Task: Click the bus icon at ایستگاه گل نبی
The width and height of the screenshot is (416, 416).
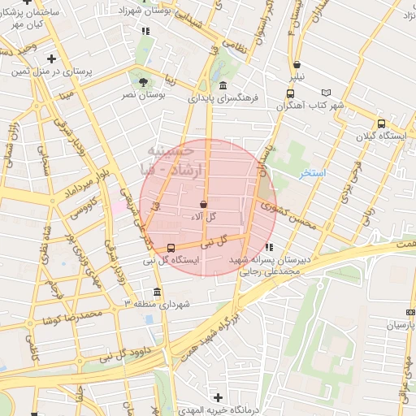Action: [170, 247]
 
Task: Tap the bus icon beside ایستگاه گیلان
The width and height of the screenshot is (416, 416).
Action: [381, 123]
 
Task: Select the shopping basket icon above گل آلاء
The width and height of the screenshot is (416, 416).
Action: [202, 204]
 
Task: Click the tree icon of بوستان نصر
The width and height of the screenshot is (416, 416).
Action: [144, 81]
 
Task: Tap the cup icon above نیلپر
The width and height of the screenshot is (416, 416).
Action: [297, 64]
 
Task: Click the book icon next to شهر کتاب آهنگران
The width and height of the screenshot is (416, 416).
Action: [327, 93]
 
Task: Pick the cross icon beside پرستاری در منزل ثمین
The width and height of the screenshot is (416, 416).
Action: [52, 58]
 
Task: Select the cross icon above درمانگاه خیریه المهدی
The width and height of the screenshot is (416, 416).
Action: [217, 396]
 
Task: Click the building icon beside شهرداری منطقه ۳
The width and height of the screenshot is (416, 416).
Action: [157, 292]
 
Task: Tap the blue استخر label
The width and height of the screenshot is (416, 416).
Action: [312, 173]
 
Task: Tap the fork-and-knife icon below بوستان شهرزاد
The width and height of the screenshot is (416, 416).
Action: [145, 31]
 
